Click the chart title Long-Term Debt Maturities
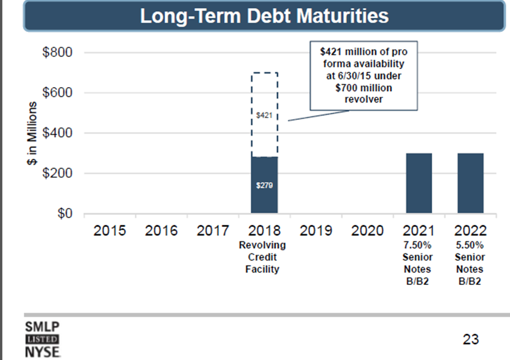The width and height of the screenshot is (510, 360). click(x=264, y=15)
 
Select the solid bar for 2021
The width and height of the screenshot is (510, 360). click(x=419, y=183)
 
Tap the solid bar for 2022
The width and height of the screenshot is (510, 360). click(x=470, y=183)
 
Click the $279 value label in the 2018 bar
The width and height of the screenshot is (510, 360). click(x=264, y=186)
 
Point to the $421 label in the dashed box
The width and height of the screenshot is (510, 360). click(x=264, y=116)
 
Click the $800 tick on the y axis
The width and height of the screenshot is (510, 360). click(x=57, y=53)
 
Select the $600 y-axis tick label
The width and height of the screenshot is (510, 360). click(x=57, y=93)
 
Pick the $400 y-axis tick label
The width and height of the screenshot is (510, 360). click(x=57, y=133)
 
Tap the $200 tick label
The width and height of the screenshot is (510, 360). click(x=57, y=173)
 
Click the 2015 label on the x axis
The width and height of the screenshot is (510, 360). click(x=109, y=230)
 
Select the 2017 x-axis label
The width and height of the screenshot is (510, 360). click(x=213, y=230)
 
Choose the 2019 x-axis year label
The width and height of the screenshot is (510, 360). click(x=316, y=230)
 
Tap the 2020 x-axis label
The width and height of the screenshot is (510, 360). click(x=367, y=230)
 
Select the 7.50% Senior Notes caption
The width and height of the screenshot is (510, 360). click(x=419, y=263)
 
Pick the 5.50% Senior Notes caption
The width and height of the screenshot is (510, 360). click(x=470, y=263)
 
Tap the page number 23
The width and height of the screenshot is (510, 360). click(x=470, y=339)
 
